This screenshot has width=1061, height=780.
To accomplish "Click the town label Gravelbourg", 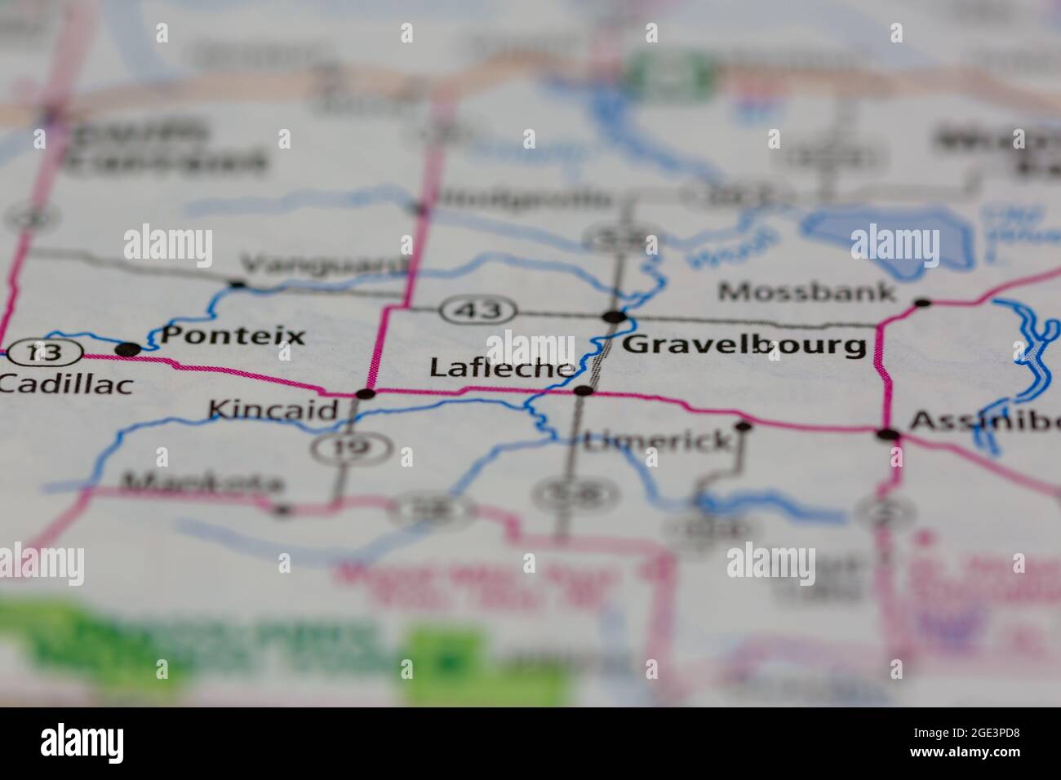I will tap(744, 345).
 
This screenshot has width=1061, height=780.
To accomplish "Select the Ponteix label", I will tap(233, 335).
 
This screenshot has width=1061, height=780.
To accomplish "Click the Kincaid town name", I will tap(273, 409).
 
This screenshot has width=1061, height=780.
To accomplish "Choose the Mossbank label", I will tap(807, 291).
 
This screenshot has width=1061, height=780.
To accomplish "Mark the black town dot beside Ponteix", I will tap(128, 350).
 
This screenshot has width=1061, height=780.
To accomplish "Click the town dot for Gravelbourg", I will tap(614, 317).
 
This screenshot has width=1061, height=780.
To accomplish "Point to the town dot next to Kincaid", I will tap(366, 394).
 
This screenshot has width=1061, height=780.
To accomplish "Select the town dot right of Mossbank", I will tap(922, 303).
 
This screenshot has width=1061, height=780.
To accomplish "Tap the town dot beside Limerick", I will tap(743, 426).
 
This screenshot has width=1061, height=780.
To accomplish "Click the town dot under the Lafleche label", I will tap(583, 391).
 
